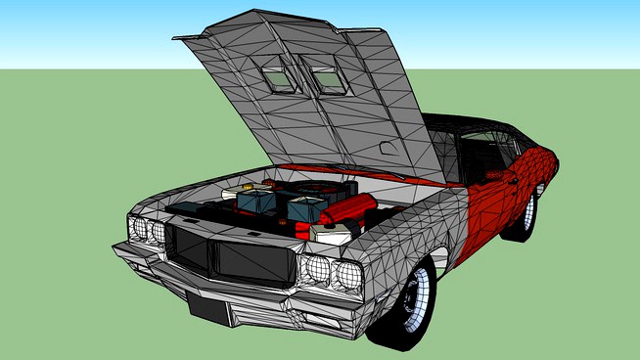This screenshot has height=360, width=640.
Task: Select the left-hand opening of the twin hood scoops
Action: [x=276, y=74]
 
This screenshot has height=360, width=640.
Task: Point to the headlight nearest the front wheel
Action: [x=344, y=275]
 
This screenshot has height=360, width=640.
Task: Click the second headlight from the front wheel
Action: [x=316, y=269]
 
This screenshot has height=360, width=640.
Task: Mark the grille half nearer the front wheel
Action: [x=252, y=261]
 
